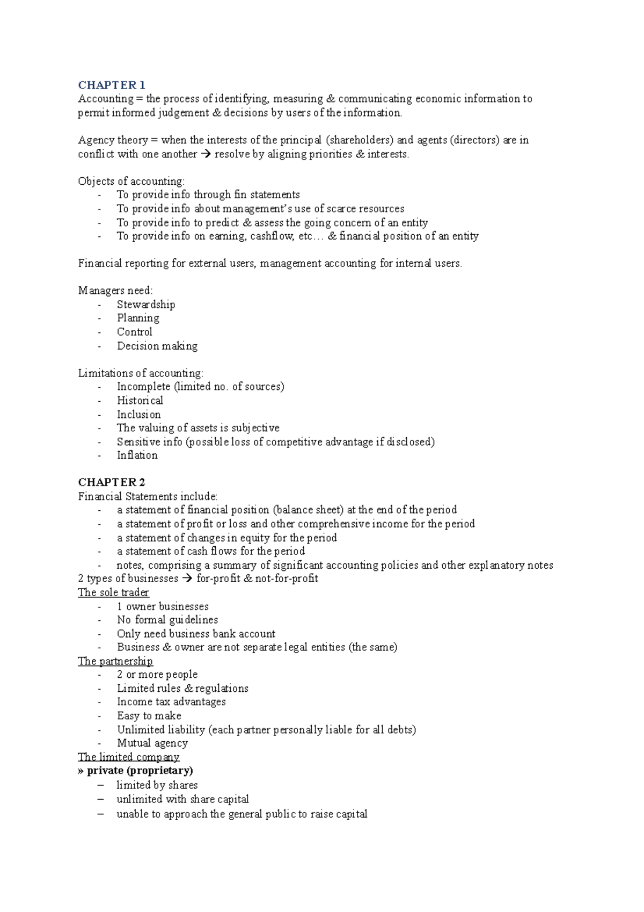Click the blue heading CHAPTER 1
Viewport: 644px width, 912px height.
[x=112, y=85]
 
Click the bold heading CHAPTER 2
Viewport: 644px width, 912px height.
[x=112, y=482]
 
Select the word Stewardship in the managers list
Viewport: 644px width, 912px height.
[x=146, y=305]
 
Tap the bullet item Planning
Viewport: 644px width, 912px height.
[x=138, y=318]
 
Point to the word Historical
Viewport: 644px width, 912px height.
[x=140, y=401]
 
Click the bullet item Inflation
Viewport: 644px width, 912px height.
[x=137, y=455]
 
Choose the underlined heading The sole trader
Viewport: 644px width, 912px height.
[x=113, y=592]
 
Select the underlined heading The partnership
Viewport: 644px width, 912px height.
[x=115, y=661]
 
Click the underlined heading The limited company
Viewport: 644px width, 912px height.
[x=128, y=757]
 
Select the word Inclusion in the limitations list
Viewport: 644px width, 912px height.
[x=139, y=415]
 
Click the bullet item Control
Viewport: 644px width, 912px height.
[x=135, y=332]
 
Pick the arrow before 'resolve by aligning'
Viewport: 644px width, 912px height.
[x=206, y=154]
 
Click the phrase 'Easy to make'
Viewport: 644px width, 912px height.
[x=149, y=716]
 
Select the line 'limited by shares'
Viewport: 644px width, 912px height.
[x=157, y=785]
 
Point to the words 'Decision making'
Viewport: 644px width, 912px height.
[x=157, y=346]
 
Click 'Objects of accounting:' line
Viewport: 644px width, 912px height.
[x=131, y=182]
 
